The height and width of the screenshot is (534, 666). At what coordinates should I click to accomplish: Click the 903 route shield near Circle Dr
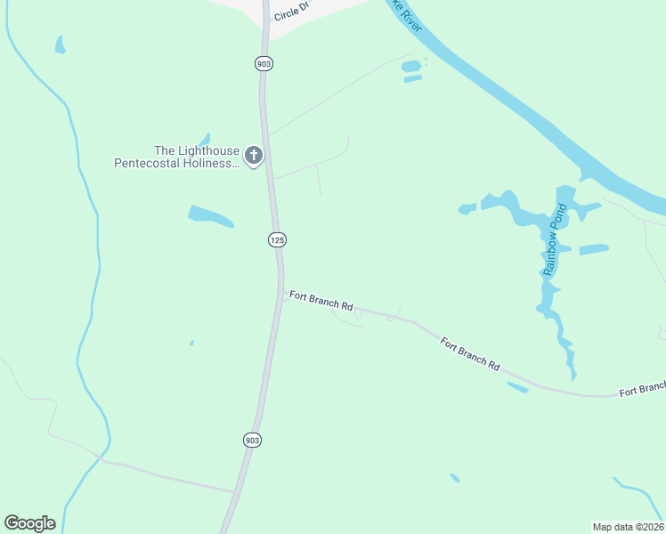pos(264,63)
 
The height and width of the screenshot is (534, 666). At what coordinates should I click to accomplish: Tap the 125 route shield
pos(277,239)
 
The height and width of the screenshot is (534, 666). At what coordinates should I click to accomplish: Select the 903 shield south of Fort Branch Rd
pos(252,440)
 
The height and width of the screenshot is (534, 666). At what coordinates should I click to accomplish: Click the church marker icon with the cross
pos(254,157)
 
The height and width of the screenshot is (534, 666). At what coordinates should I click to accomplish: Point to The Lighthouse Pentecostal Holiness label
pos(177,157)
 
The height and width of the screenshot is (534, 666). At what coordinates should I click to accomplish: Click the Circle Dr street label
pos(290,12)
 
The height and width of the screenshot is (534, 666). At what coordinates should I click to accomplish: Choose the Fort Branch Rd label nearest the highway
pos(321,300)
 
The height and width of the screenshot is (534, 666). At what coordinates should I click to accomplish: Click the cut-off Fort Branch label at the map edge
pos(642,389)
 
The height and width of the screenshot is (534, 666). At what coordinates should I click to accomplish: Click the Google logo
pos(29,523)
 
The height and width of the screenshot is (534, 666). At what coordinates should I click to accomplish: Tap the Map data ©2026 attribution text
pos(628,526)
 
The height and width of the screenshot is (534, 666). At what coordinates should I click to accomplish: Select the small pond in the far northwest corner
pos(60,44)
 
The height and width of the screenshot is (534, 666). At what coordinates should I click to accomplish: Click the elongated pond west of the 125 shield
pos(211,215)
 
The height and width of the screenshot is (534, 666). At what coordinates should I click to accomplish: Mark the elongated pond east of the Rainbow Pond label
pos(594,249)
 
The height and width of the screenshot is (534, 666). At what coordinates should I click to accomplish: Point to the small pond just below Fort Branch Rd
pos(517,387)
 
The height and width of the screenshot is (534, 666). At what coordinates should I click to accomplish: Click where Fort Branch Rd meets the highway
pos(283,295)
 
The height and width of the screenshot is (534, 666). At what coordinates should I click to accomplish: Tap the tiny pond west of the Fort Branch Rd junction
pos(191,343)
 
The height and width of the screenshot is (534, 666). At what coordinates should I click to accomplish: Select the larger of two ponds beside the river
pos(410,66)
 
